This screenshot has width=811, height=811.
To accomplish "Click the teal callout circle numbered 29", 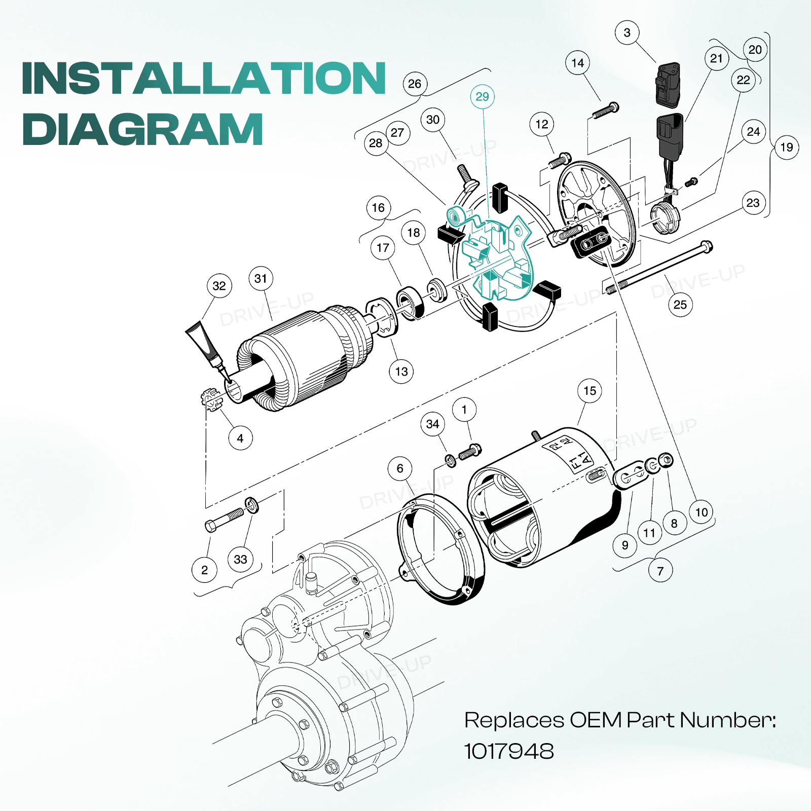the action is [482, 97].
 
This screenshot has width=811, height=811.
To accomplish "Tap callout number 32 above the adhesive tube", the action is [219, 286].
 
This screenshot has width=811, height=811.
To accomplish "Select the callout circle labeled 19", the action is [786, 148].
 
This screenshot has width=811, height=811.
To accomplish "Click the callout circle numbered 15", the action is [589, 391].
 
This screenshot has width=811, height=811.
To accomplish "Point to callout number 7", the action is [660, 571].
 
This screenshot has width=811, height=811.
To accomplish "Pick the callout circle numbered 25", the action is [680, 305].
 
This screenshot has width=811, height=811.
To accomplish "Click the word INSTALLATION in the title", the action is [204, 78].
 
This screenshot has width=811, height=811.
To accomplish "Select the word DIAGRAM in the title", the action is [142, 129].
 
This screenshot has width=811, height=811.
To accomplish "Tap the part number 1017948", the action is [509, 751].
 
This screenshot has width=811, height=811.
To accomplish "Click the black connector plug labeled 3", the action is [668, 85].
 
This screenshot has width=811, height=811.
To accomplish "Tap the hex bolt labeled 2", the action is [224, 519].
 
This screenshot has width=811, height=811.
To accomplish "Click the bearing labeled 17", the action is [410, 303].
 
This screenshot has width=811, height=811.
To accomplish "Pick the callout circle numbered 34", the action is [432, 424].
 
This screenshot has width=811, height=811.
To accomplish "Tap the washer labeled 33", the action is [251, 505].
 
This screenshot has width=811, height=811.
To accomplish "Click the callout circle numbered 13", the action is [401, 372].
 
